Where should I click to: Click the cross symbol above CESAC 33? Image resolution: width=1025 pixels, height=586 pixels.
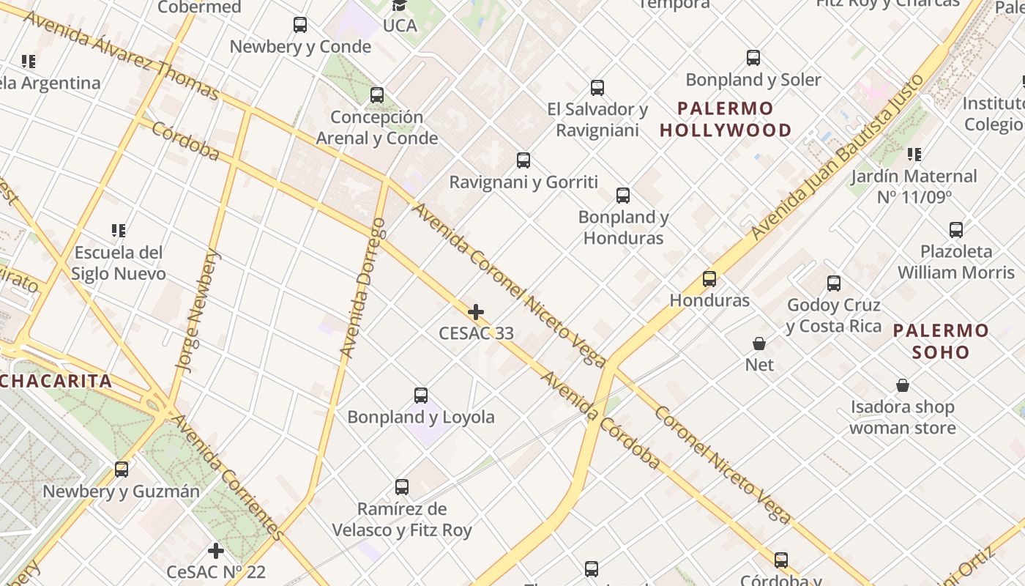[x=476, y=313]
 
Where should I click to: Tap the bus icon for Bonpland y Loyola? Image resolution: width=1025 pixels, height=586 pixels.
[x=421, y=396]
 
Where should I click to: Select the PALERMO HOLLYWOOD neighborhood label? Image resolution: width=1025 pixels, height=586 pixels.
[x=726, y=119]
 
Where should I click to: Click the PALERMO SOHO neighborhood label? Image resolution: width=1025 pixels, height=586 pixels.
[x=941, y=341]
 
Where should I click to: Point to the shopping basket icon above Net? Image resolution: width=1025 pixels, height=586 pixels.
[x=759, y=344]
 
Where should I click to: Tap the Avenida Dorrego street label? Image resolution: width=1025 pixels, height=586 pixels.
[x=363, y=288]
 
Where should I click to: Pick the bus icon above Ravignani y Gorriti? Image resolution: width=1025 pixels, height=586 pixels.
[x=523, y=160]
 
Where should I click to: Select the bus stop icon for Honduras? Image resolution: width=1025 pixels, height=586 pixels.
[x=709, y=279]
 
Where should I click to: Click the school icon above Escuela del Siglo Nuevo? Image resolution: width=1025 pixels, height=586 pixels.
[x=119, y=231]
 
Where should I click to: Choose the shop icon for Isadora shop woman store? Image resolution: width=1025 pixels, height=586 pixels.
[x=903, y=385]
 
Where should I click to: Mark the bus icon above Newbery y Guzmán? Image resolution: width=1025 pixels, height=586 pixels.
[x=122, y=470]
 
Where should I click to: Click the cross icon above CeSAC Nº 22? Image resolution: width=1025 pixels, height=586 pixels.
[x=216, y=550]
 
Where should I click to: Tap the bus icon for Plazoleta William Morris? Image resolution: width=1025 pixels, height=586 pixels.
[x=956, y=230]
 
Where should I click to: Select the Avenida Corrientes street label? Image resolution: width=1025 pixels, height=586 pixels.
[x=226, y=476]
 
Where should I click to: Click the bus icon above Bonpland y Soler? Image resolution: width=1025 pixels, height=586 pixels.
[x=753, y=58]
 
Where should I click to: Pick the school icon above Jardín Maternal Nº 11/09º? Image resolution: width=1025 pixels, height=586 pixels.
[x=914, y=155]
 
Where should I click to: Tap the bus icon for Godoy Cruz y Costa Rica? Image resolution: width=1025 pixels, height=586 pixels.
[x=834, y=283]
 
